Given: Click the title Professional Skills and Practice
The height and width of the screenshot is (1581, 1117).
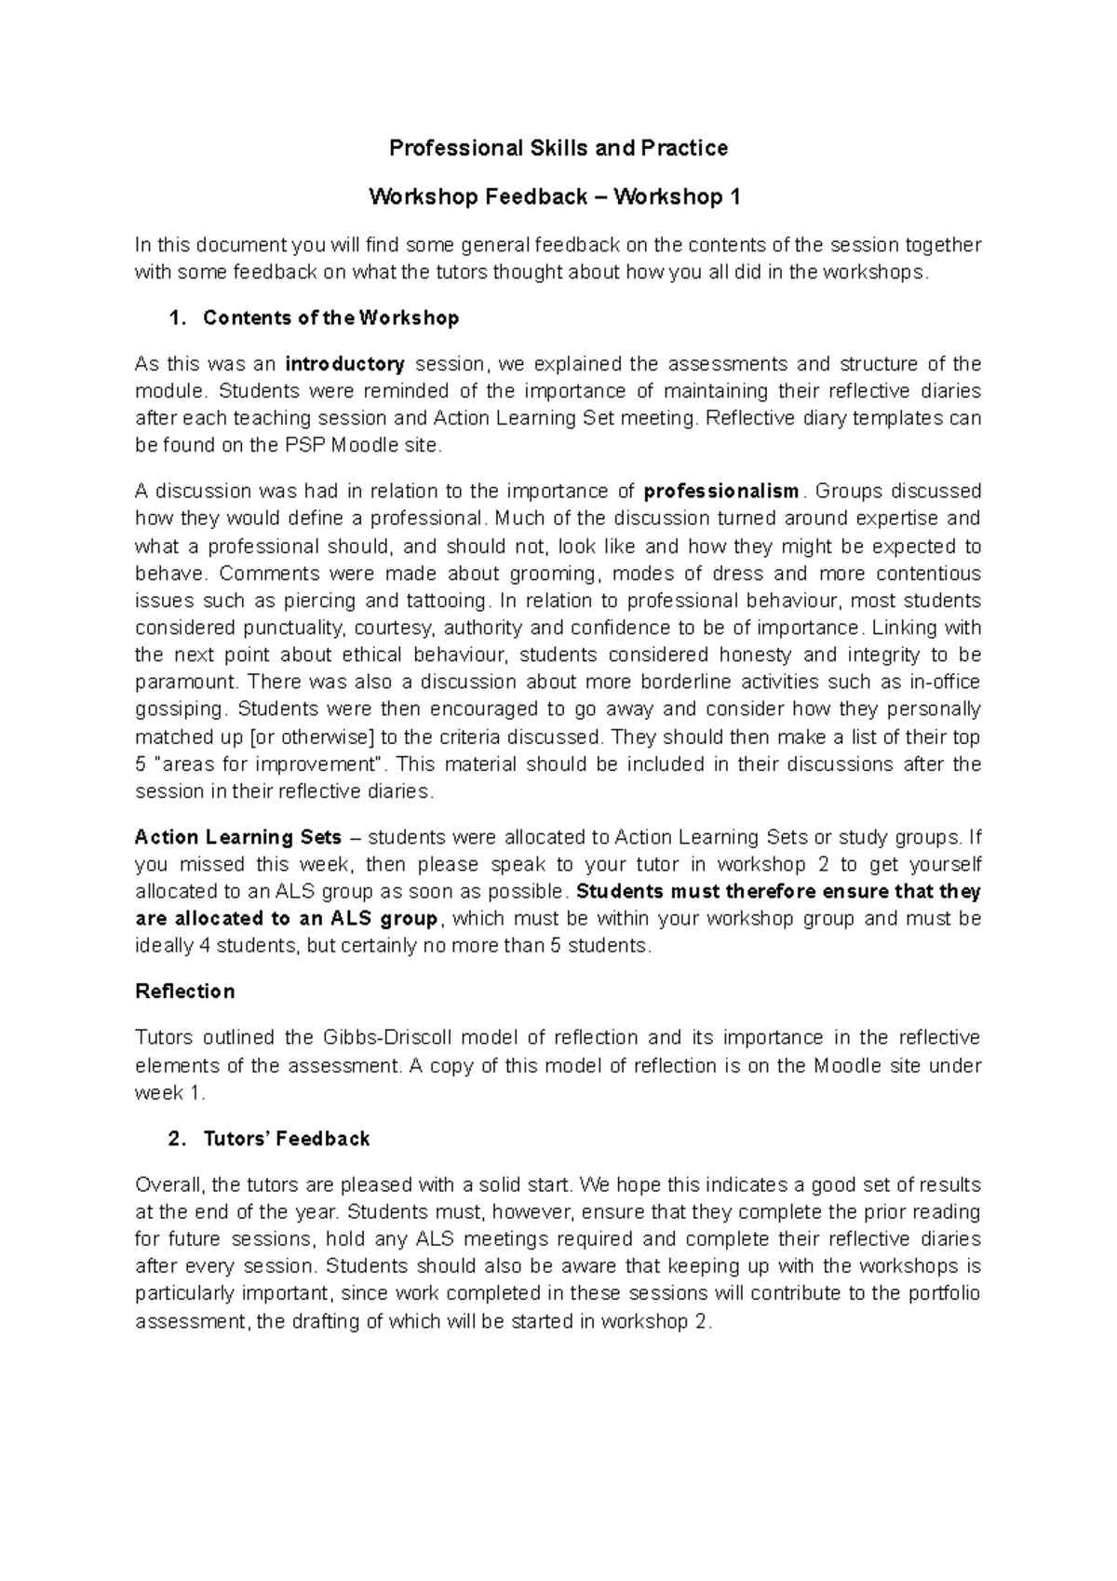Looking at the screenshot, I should (x=558, y=148).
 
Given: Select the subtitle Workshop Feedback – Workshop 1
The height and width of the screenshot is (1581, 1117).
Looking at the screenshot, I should (x=558, y=197).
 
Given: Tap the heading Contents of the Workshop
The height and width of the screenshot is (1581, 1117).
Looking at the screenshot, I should (x=330, y=318).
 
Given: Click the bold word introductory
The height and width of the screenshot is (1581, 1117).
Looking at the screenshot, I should (x=344, y=364).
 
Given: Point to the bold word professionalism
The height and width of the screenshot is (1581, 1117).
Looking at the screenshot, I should (x=721, y=492).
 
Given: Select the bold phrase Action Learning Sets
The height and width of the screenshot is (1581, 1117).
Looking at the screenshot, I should (x=238, y=837).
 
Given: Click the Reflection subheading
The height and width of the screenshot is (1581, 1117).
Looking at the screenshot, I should (x=184, y=992).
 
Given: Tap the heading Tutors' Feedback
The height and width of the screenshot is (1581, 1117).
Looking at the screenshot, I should (x=286, y=1139).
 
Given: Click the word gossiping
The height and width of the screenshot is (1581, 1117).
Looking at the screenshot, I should (x=180, y=709).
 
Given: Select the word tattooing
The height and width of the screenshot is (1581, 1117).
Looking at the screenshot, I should (x=446, y=601).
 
